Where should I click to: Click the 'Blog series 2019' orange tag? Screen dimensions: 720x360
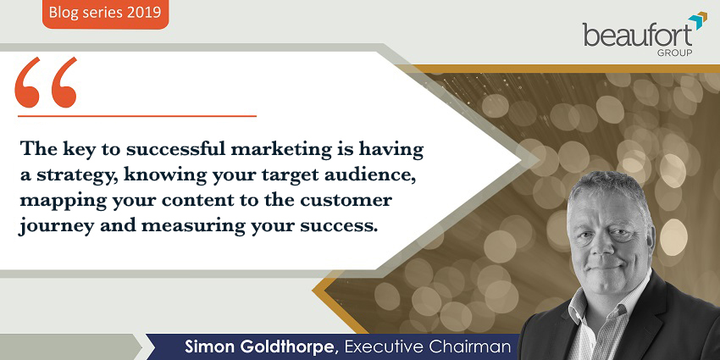(106, 14)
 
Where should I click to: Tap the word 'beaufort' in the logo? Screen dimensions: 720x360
(638, 36)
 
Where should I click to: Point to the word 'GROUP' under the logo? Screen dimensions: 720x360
(674, 53)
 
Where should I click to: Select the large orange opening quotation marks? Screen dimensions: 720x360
(46, 83)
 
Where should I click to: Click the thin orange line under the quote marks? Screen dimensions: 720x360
(137, 116)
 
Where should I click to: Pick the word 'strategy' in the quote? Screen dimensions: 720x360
(86, 177)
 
